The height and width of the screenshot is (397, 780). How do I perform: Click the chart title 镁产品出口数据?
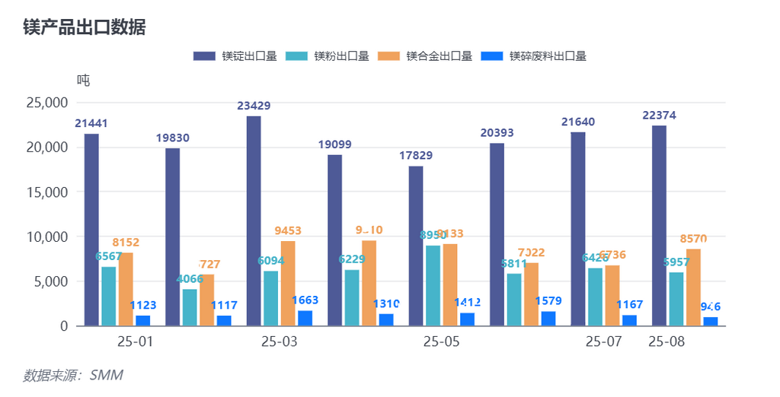click(84, 27)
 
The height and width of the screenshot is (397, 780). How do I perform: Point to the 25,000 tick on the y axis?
click(47, 103)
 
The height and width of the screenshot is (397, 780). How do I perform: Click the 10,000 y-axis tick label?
click(47, 237)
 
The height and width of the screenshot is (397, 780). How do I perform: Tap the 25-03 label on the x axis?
click(279, 342)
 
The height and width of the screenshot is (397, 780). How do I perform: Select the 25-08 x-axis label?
click(667, 342)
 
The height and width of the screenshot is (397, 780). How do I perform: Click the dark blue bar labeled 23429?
click(254, 221)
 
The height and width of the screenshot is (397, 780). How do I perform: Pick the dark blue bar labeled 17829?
click(416, 246)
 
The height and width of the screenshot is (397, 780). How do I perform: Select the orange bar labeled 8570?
click(693, 287)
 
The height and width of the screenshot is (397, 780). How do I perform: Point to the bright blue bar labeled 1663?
click(305, 319)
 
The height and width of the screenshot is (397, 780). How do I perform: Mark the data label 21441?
click(91, 123)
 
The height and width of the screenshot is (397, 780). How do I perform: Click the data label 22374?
click(659, 115)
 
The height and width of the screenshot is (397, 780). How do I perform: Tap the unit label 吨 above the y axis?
click(83, 80)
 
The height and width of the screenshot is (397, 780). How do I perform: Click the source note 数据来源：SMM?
click(73, 375)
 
